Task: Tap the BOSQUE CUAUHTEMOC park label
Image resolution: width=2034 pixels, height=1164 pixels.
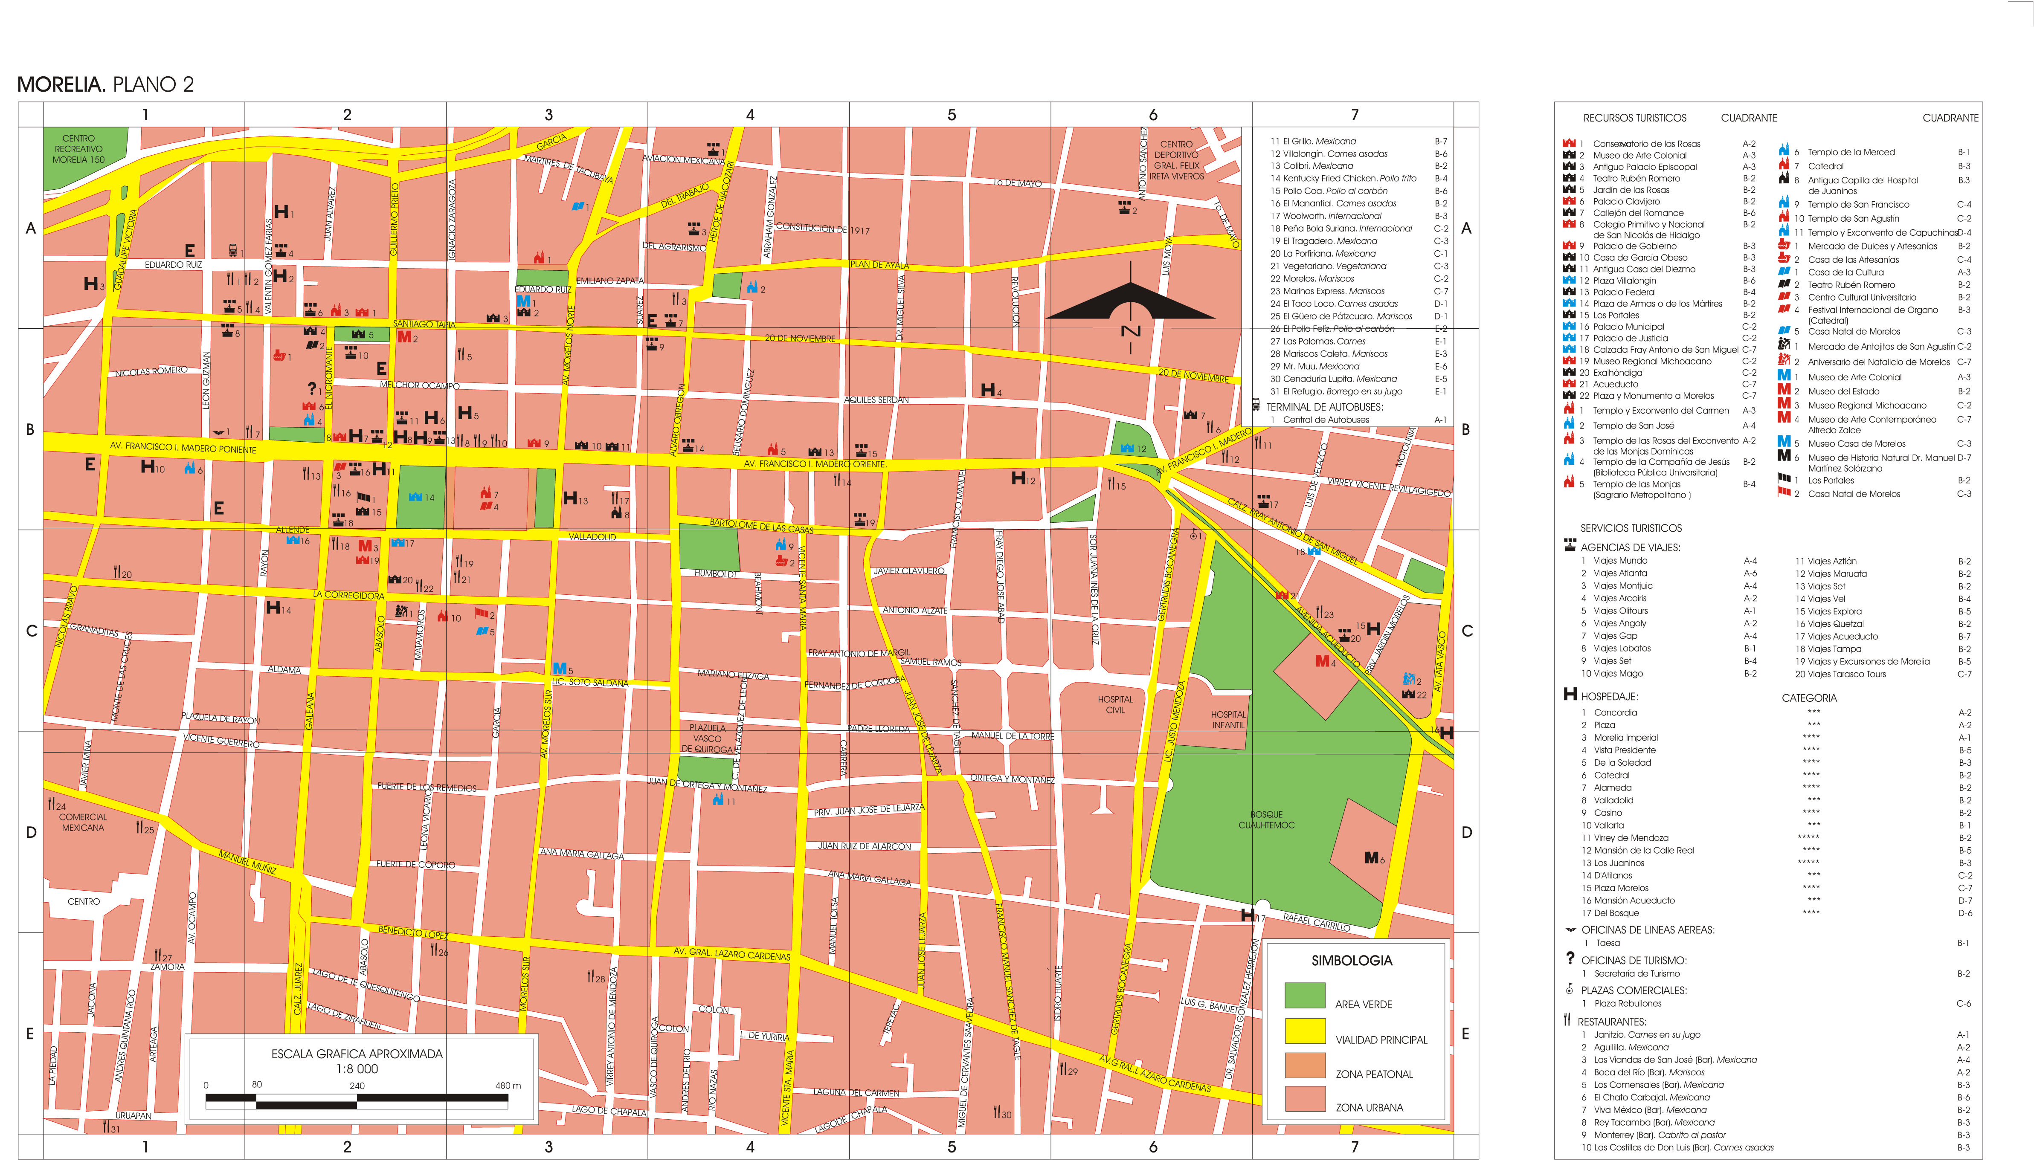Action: tap(1266, 819)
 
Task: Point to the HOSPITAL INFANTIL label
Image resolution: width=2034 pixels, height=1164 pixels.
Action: tap(1228, 720)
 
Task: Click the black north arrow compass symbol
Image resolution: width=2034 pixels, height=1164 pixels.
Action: tap(1131, 303)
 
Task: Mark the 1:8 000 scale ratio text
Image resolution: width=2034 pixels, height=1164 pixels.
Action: tap(357, 1069)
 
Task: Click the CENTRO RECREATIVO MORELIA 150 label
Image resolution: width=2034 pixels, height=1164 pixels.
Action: tap(78, 149)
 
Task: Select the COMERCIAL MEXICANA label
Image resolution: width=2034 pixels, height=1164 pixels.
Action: tap(82, 822)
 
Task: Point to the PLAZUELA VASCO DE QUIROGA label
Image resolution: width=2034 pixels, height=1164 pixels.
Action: tap(707, 738)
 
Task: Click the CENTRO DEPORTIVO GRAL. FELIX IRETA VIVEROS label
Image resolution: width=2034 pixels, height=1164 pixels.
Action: tap(1176, 160)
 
